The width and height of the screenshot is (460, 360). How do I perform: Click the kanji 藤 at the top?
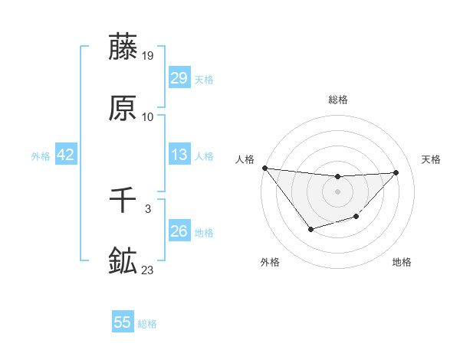coord(123,47)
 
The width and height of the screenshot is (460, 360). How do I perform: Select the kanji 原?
coord(123,109)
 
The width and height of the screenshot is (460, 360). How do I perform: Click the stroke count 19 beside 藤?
coord(148,56)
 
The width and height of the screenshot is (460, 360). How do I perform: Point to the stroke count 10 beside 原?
coord(148,117)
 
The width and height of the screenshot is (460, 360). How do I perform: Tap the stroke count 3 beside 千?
coord(148,209)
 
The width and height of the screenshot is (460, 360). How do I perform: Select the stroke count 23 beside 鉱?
coord(148,270)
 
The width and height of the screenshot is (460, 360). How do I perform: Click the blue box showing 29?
coord(179,78)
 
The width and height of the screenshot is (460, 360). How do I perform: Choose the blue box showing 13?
coord(179,155)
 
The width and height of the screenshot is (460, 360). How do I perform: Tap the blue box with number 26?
coord(179,231)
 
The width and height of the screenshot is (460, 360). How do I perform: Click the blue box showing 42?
coord(65,155)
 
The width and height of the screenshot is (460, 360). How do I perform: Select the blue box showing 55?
coord(123,322)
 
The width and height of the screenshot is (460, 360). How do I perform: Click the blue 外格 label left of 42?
coord(41,156)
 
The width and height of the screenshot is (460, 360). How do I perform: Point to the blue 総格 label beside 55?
coord(147,324)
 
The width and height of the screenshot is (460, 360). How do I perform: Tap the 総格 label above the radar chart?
coord(337,100)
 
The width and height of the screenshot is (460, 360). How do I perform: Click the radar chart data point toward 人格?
coord(264,168)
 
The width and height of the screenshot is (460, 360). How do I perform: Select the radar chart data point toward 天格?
coord(396,172)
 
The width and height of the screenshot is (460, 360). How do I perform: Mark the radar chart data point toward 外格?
coord(310,229)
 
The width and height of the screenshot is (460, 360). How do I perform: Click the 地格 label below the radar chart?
coord(402,262)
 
